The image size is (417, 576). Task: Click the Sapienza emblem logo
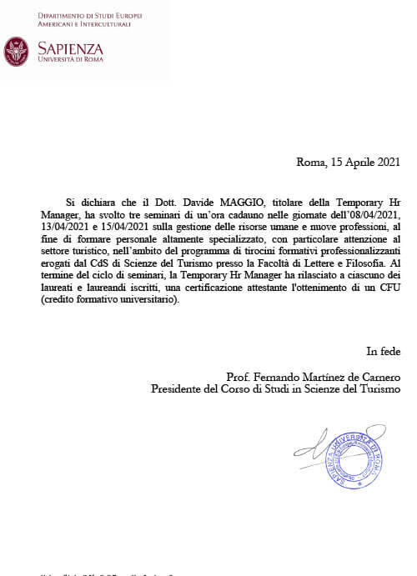coord(17,51)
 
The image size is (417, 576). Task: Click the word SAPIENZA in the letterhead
coord(71,48)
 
